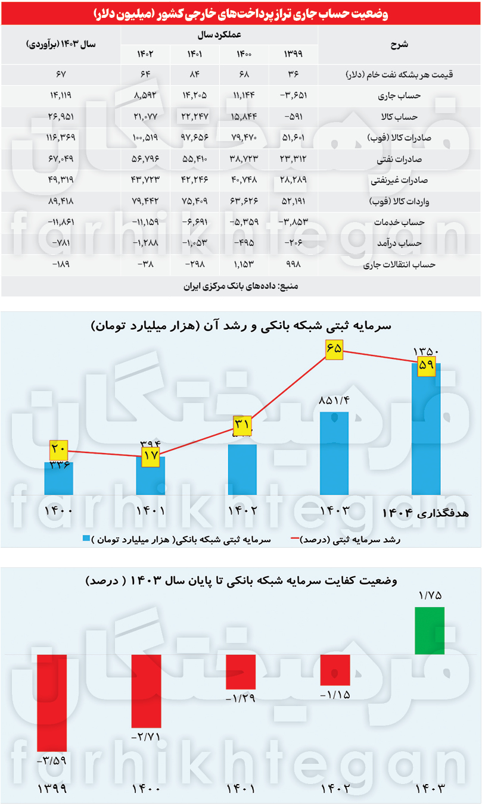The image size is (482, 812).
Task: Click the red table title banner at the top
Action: click(x=241, y=14)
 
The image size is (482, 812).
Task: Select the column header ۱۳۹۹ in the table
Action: click(x=294, y=54)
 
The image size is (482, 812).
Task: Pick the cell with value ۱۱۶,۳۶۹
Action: click(x=61, y=138)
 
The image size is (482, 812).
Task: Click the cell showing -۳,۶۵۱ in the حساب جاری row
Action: click(x=294, y=95)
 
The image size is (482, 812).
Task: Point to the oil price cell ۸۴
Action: click(x=195, y=74)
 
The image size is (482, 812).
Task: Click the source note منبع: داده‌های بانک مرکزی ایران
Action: click(x=241, y=286)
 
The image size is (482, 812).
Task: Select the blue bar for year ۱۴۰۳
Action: click(x=335, y=453)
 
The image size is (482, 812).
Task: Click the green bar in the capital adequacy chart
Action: click(x=430, y=630)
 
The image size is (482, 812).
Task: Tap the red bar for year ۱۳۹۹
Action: click(x=52, y=702)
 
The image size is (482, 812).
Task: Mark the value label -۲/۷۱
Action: click(x=146, y=737)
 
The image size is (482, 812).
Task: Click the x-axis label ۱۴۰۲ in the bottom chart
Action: click(x=335, y=789)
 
